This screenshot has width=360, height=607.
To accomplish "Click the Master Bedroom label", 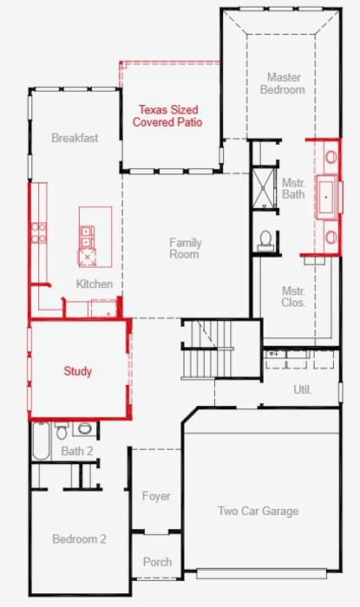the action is click(283, 83).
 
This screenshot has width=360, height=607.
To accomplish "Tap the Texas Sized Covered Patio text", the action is click(167, 115).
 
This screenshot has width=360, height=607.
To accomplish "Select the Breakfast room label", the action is click(75, 138).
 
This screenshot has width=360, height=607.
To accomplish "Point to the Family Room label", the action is click(185, 249).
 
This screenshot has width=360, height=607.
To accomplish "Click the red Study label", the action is click(78, 371).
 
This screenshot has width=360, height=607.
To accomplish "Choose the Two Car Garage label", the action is click(259, 511).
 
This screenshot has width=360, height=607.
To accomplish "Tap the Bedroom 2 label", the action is click(79, 538).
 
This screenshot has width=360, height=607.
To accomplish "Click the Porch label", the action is click(157, 562).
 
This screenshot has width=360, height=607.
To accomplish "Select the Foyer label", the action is click(156, 496).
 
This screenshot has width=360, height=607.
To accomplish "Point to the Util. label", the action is click(303, 389).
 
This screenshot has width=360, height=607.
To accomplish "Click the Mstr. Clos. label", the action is click(293, 297).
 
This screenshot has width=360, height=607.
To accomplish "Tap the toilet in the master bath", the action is click(265, 239).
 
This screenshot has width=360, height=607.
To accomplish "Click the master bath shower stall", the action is click(265, 188).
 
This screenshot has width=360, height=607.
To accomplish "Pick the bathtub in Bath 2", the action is click(41, 441).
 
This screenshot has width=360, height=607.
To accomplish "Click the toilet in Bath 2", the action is click(62, 430).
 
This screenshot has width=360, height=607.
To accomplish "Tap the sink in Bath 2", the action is click(84, 428).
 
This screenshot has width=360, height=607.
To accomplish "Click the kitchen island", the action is click(95, 237).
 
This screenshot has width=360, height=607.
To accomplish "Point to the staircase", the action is click(207, 349).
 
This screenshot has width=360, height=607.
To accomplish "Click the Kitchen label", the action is click(95, 284).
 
